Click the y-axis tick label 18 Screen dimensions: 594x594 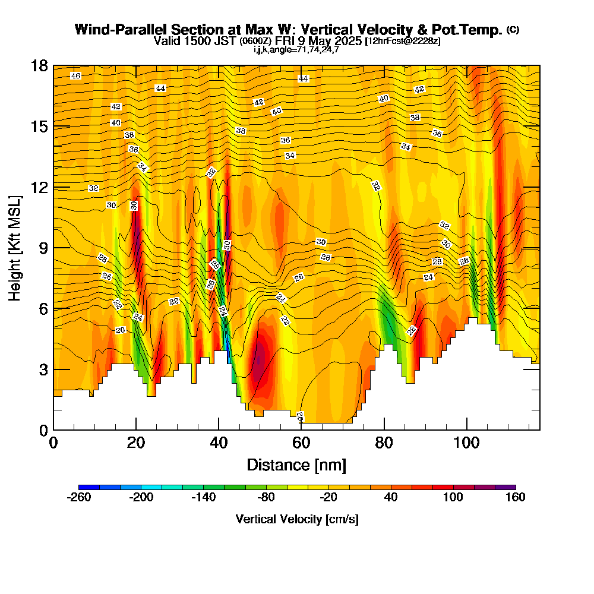pos(39,65)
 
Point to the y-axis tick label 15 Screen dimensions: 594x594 pos(39,127)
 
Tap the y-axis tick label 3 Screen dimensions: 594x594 pos(43,369)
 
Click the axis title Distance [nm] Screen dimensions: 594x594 pos(296,464)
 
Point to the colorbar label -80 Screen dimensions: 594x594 pos(266,498)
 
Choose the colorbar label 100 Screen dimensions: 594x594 pos(453,498)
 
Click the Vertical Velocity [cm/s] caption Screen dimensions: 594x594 pos(297,519)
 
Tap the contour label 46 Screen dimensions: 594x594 pos(75,76)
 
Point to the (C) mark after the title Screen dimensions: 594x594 pos(513,30)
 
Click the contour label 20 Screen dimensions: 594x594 pos(121,330)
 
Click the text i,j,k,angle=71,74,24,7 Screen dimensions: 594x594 pos(296,50)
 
